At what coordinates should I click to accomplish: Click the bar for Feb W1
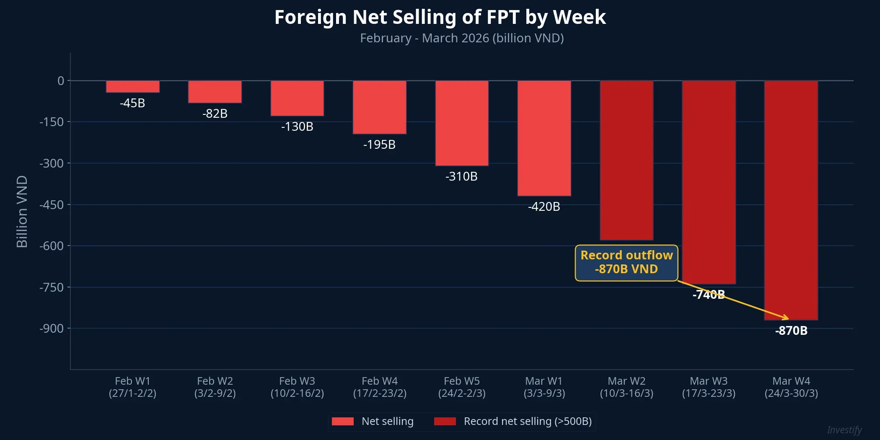[x=132, y=86]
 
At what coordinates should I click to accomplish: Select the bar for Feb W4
[x=379, y=107]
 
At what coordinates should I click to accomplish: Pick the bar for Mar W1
[x=544, y=138]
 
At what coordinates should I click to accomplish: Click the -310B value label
[x=461, y=176]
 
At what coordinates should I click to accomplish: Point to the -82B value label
[x=215, y=114]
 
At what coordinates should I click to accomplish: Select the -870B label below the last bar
[x=791, y=331]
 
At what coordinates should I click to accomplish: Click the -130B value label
[x=297, y=127]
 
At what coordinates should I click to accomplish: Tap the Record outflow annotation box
[x=626, y=263]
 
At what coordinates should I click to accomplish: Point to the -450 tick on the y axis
[x=52, y=205]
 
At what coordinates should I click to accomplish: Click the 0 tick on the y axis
[x=61, y=81]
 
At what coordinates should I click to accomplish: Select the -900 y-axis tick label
[x=52, y=329]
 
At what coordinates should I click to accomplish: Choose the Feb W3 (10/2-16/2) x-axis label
[x=297, y=387]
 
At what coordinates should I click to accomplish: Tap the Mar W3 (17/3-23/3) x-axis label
[x=708, y=387]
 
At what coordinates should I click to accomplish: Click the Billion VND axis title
[x=22, y=212]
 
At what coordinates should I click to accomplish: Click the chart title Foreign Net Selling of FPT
[x=440, y=18]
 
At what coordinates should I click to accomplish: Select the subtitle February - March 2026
[x=461, y=38]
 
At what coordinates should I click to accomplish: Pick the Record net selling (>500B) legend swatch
[x=445, y=421]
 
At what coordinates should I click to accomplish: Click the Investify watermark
[x=844, y=430]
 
